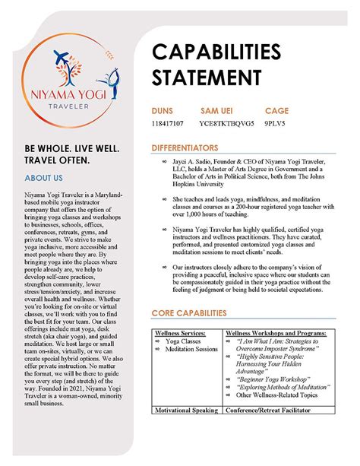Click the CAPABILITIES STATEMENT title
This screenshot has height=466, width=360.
[x=211, y=64]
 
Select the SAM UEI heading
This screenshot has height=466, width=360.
[x=219, y=110]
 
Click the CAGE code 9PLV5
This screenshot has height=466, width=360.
[x=277, y=121]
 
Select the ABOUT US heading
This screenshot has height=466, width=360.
[x=43, y=178]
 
